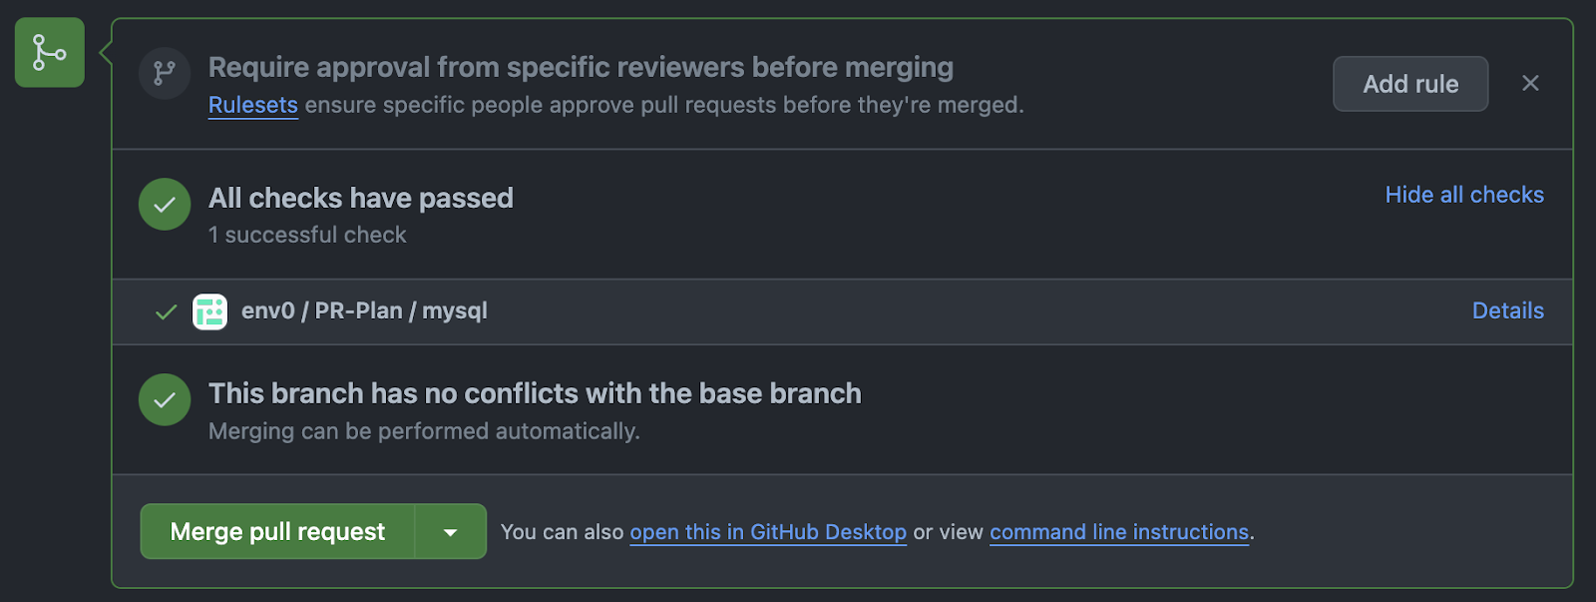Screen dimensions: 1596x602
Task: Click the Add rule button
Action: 1410,84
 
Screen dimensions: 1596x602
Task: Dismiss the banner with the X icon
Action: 1530,84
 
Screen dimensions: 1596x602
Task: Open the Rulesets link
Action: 253,105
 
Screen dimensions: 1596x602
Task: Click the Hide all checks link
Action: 1464,195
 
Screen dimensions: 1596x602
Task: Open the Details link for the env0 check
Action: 1507,310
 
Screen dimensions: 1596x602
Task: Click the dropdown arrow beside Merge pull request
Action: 450,531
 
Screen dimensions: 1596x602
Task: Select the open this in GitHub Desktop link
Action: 768,532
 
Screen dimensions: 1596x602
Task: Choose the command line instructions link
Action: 1118,532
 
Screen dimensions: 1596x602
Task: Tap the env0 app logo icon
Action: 210,311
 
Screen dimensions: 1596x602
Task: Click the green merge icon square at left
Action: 50,53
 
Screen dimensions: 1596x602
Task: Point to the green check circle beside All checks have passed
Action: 165,204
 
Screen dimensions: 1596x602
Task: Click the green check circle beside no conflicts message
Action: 165,399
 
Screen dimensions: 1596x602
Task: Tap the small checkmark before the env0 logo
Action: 166,311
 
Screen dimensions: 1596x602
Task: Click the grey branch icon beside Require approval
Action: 165,73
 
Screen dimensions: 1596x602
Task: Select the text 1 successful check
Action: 307,235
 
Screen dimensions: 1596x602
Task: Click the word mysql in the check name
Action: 455,311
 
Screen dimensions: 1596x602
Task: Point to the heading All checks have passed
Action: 360,199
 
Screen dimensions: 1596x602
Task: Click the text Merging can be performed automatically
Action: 424,431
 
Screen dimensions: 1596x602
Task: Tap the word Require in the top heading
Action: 258,68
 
